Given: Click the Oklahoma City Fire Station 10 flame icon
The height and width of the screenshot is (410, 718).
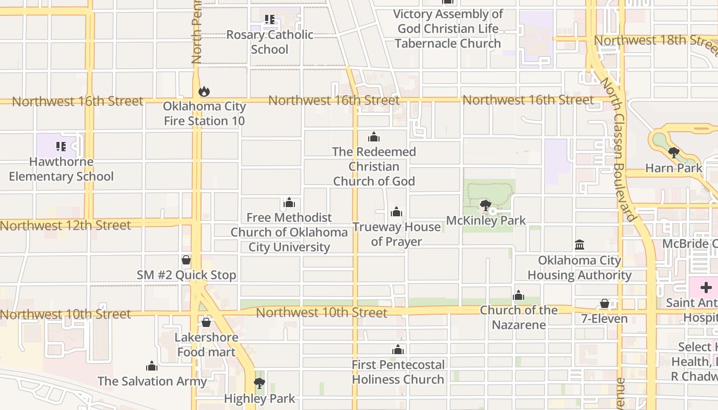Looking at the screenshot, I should pyautogui.click(x=204, y=92).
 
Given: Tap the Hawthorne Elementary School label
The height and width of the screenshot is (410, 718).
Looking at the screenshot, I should pyautogui.click(x=61, y=169).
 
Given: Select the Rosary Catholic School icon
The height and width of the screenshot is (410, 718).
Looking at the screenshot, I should pyautogui.click(x=269, y=20).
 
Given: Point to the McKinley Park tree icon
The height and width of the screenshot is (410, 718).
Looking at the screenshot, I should pyautogui.click(x=485, y=206).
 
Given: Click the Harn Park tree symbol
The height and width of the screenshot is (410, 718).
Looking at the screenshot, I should pyautogui.click(x=674, y=153).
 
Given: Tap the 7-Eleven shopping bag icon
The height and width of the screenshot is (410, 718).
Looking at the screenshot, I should pyautogui.click(x=605, y=304).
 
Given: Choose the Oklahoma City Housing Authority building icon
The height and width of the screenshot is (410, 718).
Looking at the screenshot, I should pyautogui.click(x=580, y=245).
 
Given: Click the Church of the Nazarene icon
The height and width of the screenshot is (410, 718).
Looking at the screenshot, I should pyautogui.click(x=518, y=296).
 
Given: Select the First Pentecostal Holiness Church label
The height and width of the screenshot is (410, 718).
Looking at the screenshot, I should pyautogui.click(x=398, y=372).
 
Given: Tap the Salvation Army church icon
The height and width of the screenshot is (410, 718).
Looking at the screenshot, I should pyautogui.click(x=151, y=366).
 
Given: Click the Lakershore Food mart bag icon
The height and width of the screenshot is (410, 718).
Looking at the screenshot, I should pyautogui.click(x=206, y=322).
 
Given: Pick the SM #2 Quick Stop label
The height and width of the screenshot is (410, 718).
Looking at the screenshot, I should pyautogui.click(x=186, y=275).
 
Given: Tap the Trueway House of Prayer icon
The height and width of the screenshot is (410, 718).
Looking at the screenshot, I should pyautogui.click(x=396, y=212).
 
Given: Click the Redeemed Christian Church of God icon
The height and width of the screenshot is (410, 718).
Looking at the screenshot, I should pyautogui.click(x=374, y=137).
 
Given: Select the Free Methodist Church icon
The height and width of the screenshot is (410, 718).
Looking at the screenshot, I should pyautogui.click(x=289, y=203).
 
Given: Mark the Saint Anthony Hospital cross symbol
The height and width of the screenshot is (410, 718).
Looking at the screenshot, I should pyautogui.click(x=706, y=288).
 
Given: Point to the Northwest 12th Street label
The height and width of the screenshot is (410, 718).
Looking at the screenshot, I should pyautogui.click(x=65, y=225).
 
